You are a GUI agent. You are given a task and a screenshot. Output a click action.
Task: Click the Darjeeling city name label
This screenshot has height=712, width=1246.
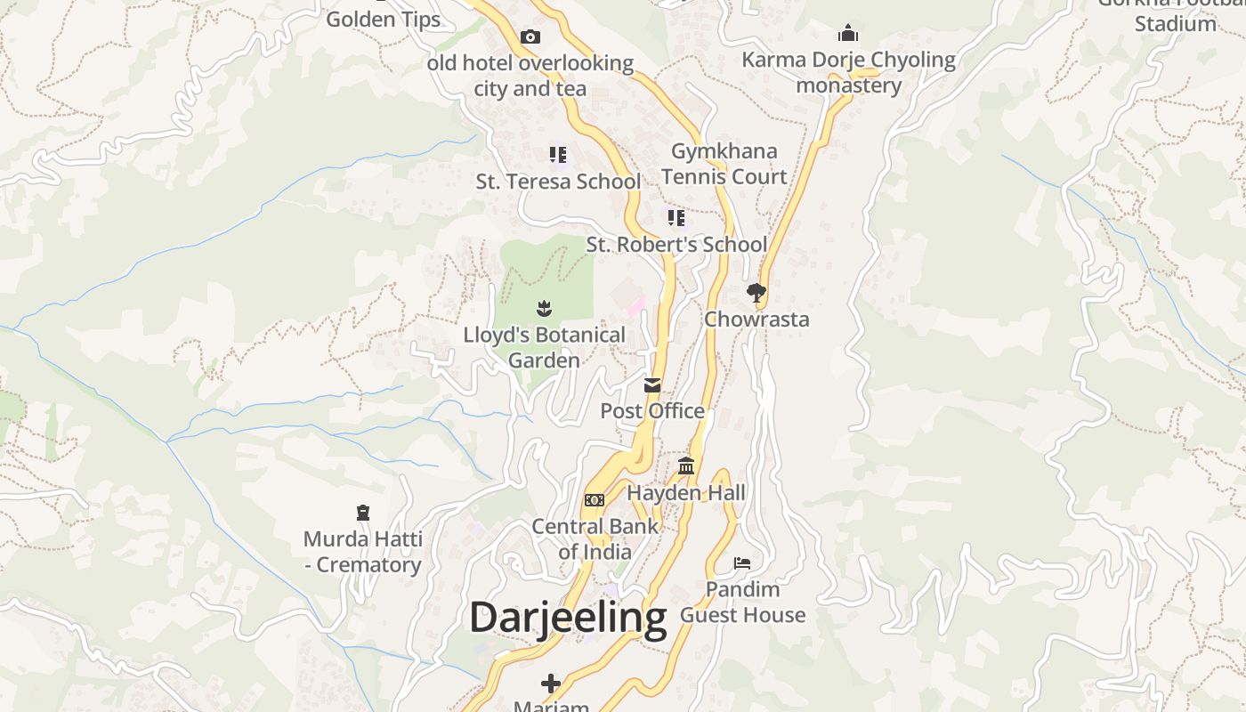point(568,618)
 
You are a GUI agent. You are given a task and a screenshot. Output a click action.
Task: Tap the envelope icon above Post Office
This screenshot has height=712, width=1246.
point(652,385)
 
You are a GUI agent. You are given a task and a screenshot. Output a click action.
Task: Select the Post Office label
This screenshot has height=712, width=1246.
point(652,411)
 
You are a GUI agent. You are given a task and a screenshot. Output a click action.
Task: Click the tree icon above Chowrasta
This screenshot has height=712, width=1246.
point(756,292)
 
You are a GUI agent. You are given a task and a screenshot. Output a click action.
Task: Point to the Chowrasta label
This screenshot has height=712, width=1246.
point(756,319)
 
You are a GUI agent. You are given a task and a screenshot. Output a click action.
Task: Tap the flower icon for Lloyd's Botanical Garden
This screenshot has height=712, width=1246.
point(544,309)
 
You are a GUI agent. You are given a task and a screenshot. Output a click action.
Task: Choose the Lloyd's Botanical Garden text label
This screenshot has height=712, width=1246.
point(544,348)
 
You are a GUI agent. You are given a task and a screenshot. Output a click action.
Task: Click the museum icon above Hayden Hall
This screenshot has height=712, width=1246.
point(686,465)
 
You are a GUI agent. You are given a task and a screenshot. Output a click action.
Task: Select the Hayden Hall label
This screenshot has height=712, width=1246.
point(686,493)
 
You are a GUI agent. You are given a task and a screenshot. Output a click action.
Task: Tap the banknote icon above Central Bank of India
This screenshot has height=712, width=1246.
point(595,500)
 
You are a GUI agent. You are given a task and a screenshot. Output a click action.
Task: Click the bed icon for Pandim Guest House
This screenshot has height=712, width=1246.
point(742,562)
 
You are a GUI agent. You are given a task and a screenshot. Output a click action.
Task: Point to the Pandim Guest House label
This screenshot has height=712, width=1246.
point(742,602)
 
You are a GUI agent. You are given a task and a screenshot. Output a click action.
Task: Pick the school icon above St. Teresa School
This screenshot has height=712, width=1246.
point(558,155)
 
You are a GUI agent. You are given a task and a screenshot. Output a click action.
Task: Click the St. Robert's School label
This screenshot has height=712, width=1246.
point(676,245)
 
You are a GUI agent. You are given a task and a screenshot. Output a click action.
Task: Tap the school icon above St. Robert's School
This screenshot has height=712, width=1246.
point(676,217)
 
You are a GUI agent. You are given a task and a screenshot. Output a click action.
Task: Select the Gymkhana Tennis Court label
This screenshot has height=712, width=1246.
point(724,164)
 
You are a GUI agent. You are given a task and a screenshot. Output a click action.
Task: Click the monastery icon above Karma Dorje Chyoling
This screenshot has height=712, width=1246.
point(848,34)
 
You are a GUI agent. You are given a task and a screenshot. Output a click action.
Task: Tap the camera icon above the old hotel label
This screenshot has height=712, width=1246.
point(530,36)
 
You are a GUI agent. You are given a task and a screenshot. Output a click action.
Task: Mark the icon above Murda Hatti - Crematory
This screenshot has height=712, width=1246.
point(362,513)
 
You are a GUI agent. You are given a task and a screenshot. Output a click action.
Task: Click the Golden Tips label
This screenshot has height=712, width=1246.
point(384,20)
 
